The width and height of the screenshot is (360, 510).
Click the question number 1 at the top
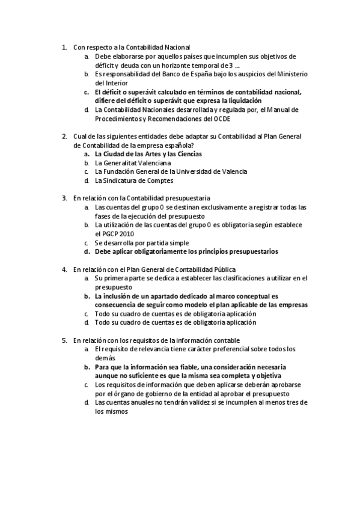tap(64, 47)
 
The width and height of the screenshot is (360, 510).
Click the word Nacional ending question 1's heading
tap(175, 47)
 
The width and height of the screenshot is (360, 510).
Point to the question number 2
tap(64, 137)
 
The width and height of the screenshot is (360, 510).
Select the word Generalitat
tap(128, 163)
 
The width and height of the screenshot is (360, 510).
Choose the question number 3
tap(64, 198)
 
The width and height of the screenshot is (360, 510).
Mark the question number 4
tap(64, 269)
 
